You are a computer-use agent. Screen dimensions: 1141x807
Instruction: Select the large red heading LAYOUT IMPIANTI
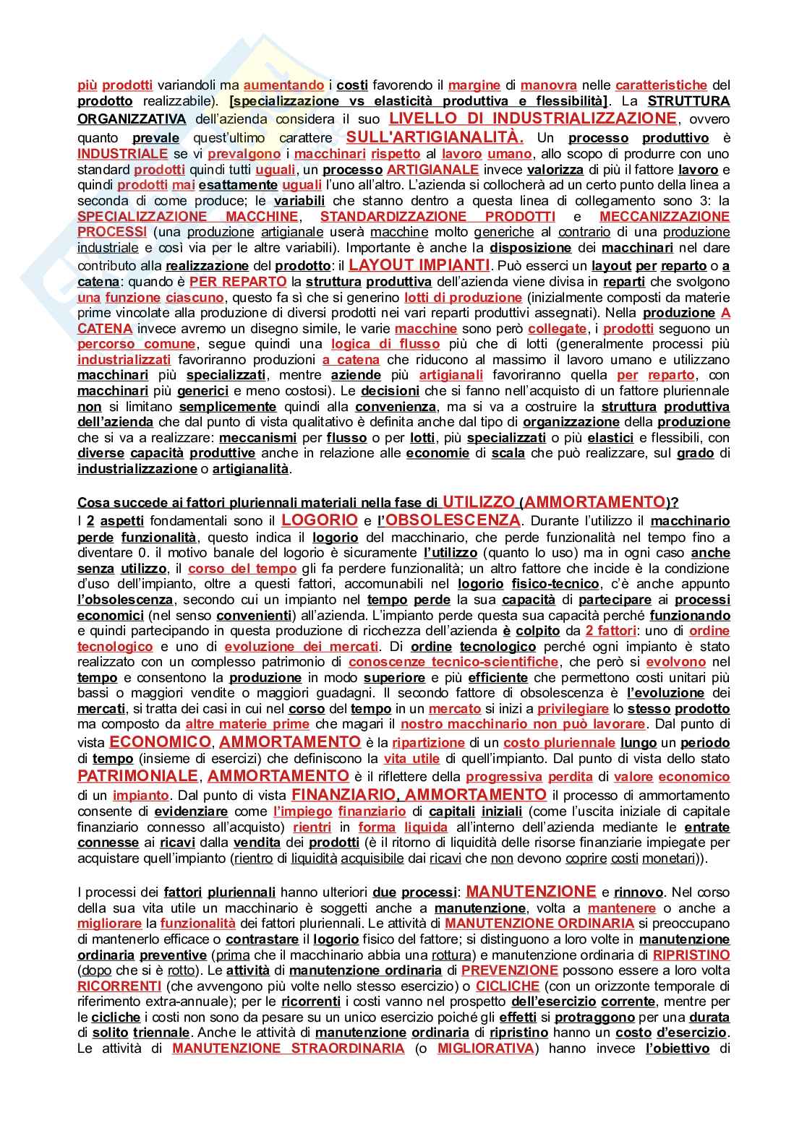tap(419, 265)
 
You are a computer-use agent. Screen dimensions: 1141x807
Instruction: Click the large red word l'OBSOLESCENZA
tap(449, 520)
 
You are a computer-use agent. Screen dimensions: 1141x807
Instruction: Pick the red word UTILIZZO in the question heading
tap(479, 502)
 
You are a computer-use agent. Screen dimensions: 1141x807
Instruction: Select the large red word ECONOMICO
tap(160, 742)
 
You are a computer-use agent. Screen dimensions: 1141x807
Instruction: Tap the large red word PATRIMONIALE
tap(137, 776)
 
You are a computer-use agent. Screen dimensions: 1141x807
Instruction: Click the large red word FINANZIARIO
tap(343, 795)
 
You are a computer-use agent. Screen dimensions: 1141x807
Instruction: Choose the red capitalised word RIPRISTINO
tap(691, 955)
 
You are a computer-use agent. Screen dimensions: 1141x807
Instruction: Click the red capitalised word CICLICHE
tap(508, 986)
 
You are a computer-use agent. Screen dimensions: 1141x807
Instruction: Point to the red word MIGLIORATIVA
tap(486, 1049)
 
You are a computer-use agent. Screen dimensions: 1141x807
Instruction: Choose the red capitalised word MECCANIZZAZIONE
tap(665, 216)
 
